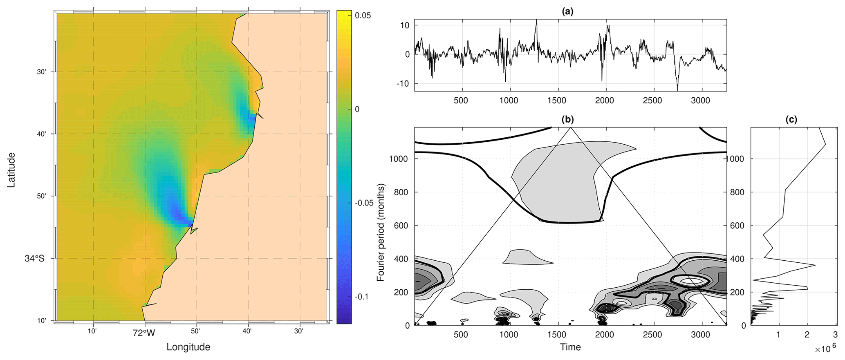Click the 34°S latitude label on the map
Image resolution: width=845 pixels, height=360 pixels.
(x=34, y=258)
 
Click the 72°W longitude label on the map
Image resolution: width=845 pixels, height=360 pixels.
(x=144, y=333)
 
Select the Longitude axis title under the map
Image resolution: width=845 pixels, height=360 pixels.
(x=188, y=347)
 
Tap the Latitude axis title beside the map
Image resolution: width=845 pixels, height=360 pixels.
(x=11, y=170)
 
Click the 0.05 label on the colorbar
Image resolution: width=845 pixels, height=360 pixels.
(x=363, y=16)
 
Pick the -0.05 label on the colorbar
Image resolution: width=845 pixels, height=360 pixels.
(x=364, y=203)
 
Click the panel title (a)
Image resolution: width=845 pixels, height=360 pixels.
(x=568, y=11)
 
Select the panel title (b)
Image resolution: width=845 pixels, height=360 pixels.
(x=568, y=119)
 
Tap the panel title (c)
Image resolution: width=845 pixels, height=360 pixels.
(x=791, y=119)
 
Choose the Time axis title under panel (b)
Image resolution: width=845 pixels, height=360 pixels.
(x=570, y=347)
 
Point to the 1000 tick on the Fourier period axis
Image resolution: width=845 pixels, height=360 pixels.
(x=399, y=159)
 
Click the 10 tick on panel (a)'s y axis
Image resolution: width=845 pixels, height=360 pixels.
(x=405, y=25)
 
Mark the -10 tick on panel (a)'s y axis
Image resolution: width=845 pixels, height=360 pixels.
(x=403, y=83)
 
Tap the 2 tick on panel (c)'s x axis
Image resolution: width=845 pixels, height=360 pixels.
(x=807, y=335)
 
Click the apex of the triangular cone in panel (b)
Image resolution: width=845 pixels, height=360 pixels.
(x=571, y=128)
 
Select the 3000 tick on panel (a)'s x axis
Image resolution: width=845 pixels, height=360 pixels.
(x=700, y=101)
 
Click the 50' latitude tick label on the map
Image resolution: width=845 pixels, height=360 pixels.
(x=41, y=196)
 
